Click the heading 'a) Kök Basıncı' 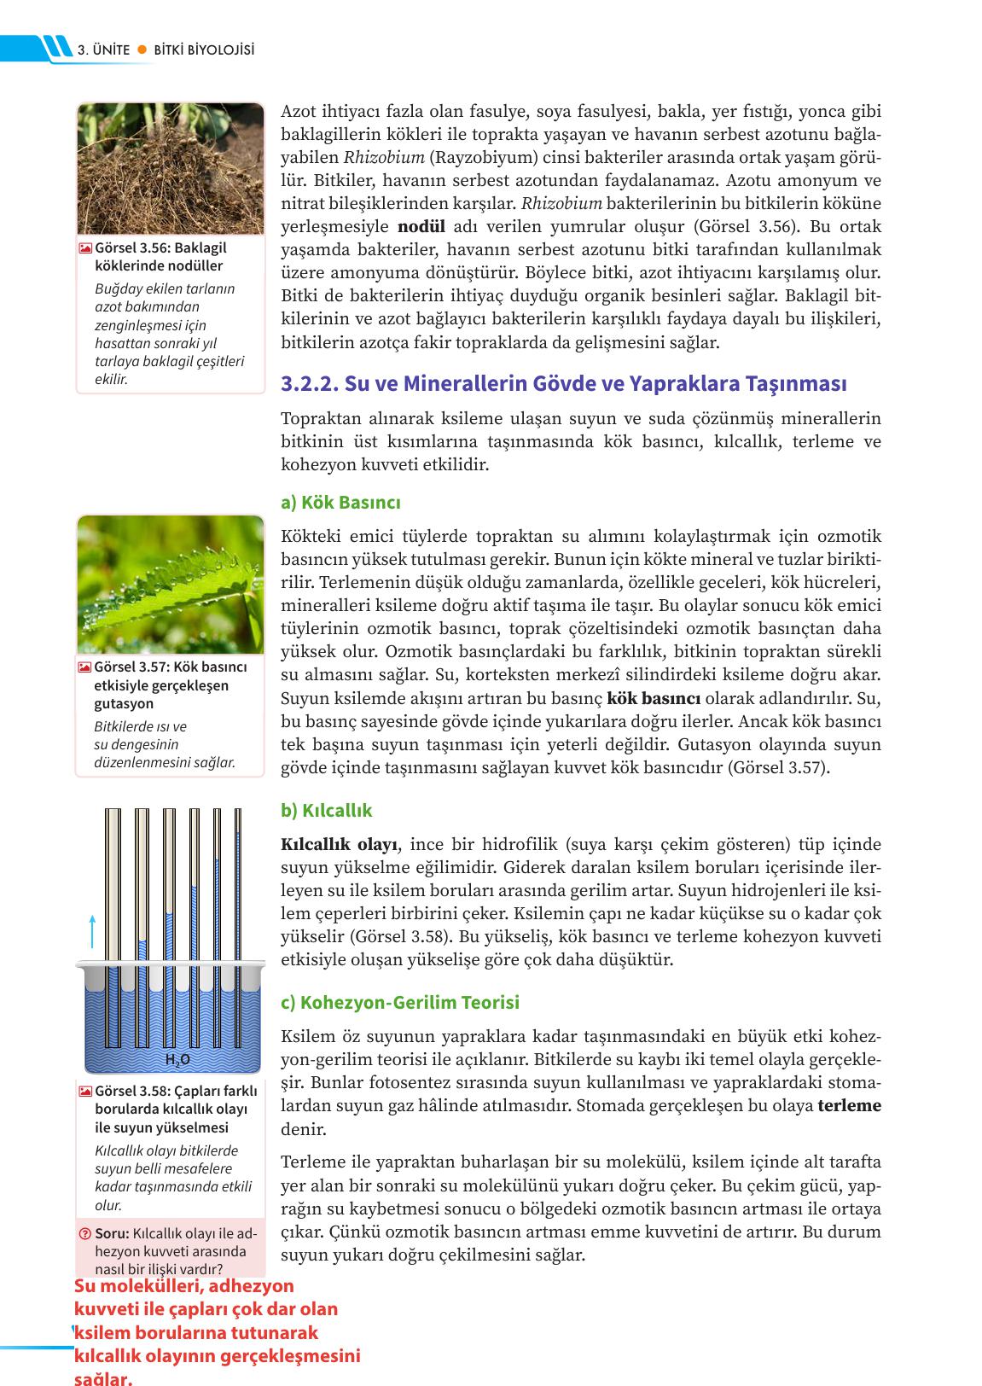(340, 502)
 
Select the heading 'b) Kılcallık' (326, 810)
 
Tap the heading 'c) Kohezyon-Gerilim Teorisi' (399, 1002)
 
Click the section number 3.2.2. (310, 383)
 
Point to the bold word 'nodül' (421, 227)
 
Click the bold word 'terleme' (849, 1106)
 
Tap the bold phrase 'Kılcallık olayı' (339, 845)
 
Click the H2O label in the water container (177, 1060)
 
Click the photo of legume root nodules (170, 168)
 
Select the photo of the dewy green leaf (170, 585)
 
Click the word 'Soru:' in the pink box (113, 1234)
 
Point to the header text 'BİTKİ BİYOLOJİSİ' (205, 50)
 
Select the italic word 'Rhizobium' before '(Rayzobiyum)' (384, 158)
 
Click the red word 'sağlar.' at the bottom (103, 1377)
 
